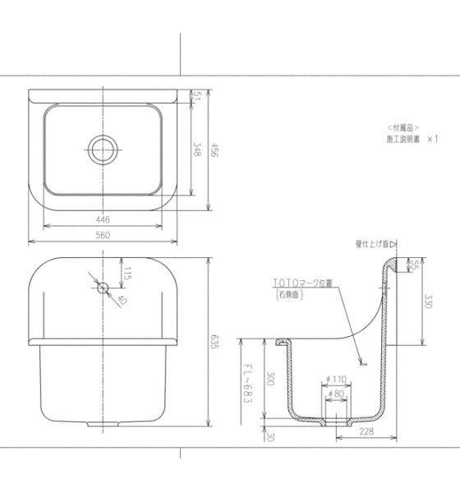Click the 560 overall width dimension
click(x=103, y=235)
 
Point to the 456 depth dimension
click(x=214, y=150)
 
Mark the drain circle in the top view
click(x=103, y=148)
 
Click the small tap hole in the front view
click(x=103, y=288)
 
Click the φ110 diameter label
click(x=338, y=378)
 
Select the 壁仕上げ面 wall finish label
click(x=370, y=243)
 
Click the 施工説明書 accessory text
click(x=404, y=140)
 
